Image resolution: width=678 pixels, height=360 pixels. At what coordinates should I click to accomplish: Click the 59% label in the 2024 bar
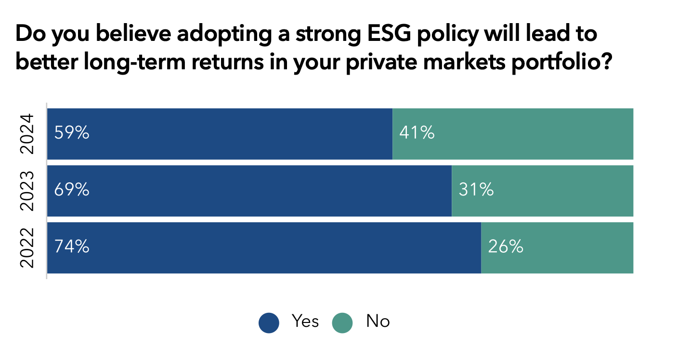[x=72, y=133]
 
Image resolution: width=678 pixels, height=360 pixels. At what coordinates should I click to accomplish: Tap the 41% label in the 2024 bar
[x=417, y=133]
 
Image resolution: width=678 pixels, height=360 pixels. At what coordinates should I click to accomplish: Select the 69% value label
[x=72, y=190]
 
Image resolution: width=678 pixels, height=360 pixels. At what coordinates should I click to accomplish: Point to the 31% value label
[x=476, y=190]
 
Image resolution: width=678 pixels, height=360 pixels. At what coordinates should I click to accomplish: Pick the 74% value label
[x=72, y=247]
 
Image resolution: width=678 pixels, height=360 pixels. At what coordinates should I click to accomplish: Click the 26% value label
[x=506, y=247]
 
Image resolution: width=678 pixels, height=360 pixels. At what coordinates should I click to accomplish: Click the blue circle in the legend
[x=269, y=322]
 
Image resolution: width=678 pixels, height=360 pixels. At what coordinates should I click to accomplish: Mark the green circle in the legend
[x=343, y=322]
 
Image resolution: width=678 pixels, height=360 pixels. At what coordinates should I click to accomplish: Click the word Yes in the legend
[x=305, y=321]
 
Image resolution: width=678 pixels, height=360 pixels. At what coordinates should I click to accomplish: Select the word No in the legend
[x=378, y=321]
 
